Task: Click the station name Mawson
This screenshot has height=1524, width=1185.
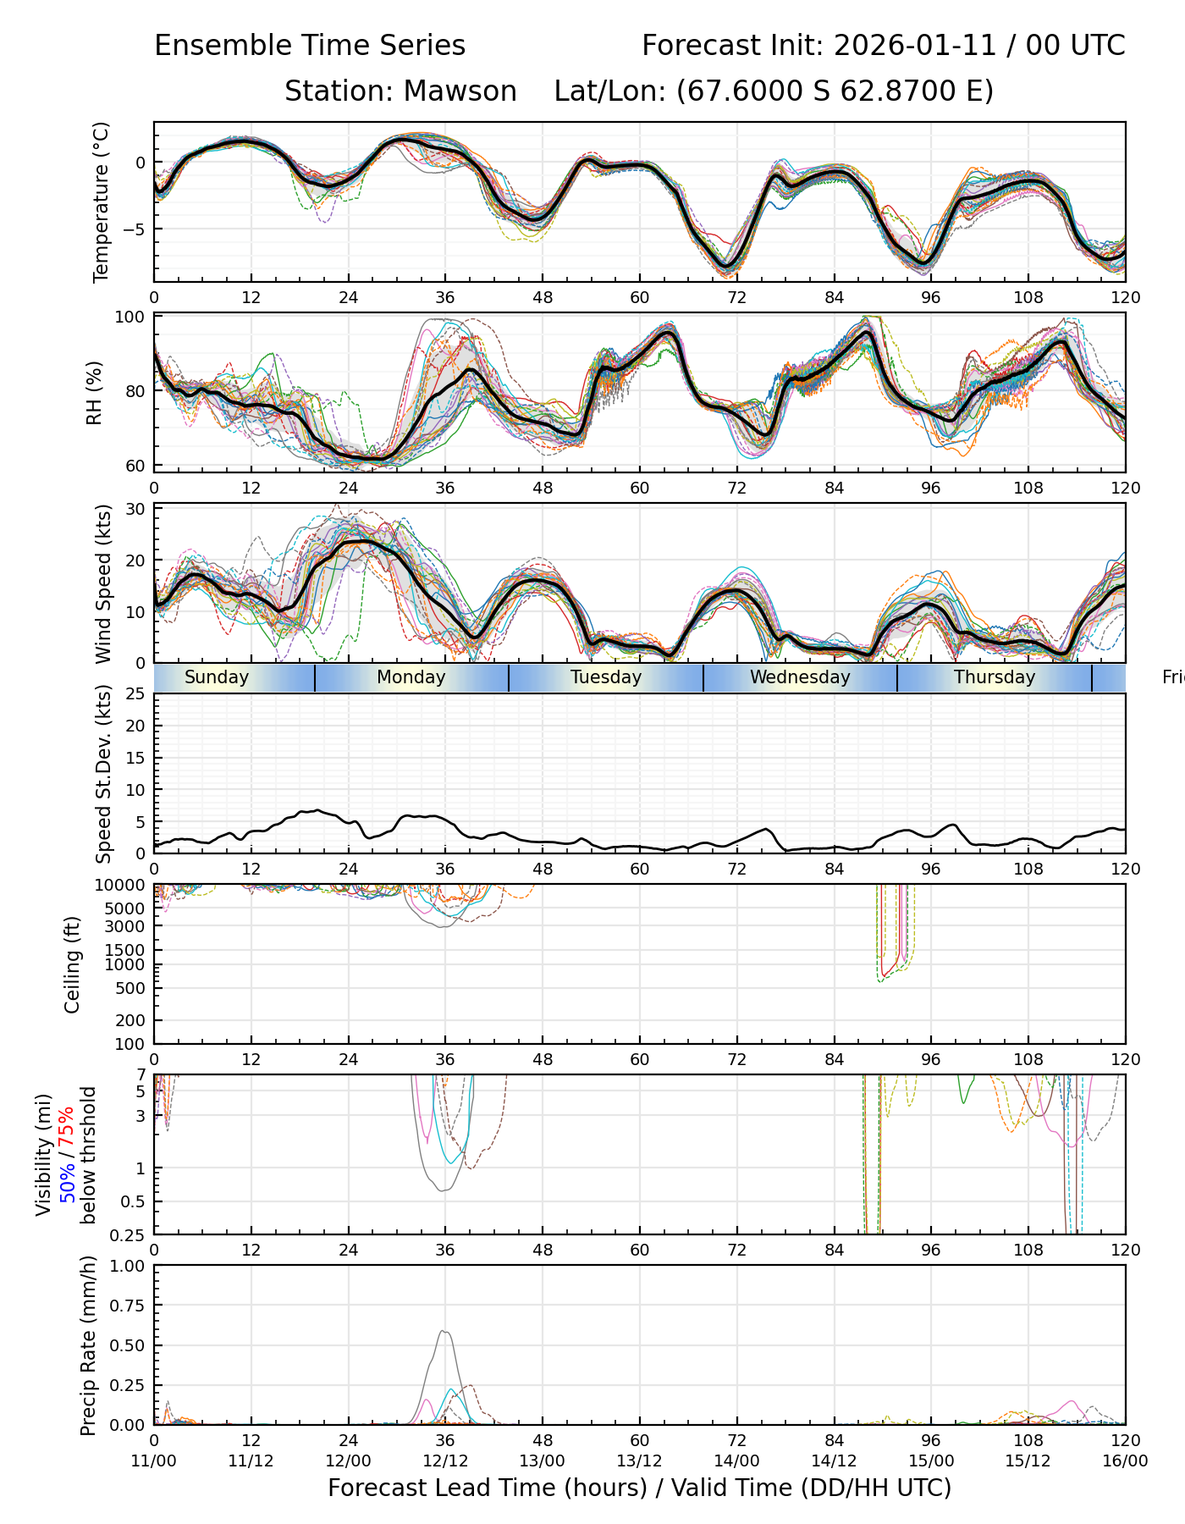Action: pyautogui.click(x=460, y=91)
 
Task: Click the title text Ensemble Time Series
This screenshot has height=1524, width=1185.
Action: pyautogui.click(x=310, y=46)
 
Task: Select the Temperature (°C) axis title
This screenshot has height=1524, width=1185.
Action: pyautogui.click(x=102, y=202)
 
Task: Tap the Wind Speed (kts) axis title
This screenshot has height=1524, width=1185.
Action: pyautogui.click(x=103, y=583)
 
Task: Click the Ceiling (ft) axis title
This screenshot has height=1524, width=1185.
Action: pyautogui.click(x=73, y=964)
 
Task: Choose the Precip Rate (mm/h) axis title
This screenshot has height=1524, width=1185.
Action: pyautogui.click(x=88, y=1345)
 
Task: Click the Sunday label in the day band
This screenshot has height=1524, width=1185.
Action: pyautogui.click(x=217, y=677)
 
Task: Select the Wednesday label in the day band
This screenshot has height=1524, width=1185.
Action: pyautogui.click(x=800, y=677)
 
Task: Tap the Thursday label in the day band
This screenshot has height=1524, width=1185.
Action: pyautogui.click(x=995, y=677)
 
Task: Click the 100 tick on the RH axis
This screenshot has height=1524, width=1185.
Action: pyautogui.click(x=131, y=317)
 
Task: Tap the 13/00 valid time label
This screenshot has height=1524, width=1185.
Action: pyautogui.click(x=543, y=1461)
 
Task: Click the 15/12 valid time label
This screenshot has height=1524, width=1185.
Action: pyautogui.click(x=1028, y=1461)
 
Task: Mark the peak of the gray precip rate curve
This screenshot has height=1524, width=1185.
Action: pyautogui.click(x=444, y=1331)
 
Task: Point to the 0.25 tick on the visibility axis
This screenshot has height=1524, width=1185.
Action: pyautogui.click(x=129, y=1234)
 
